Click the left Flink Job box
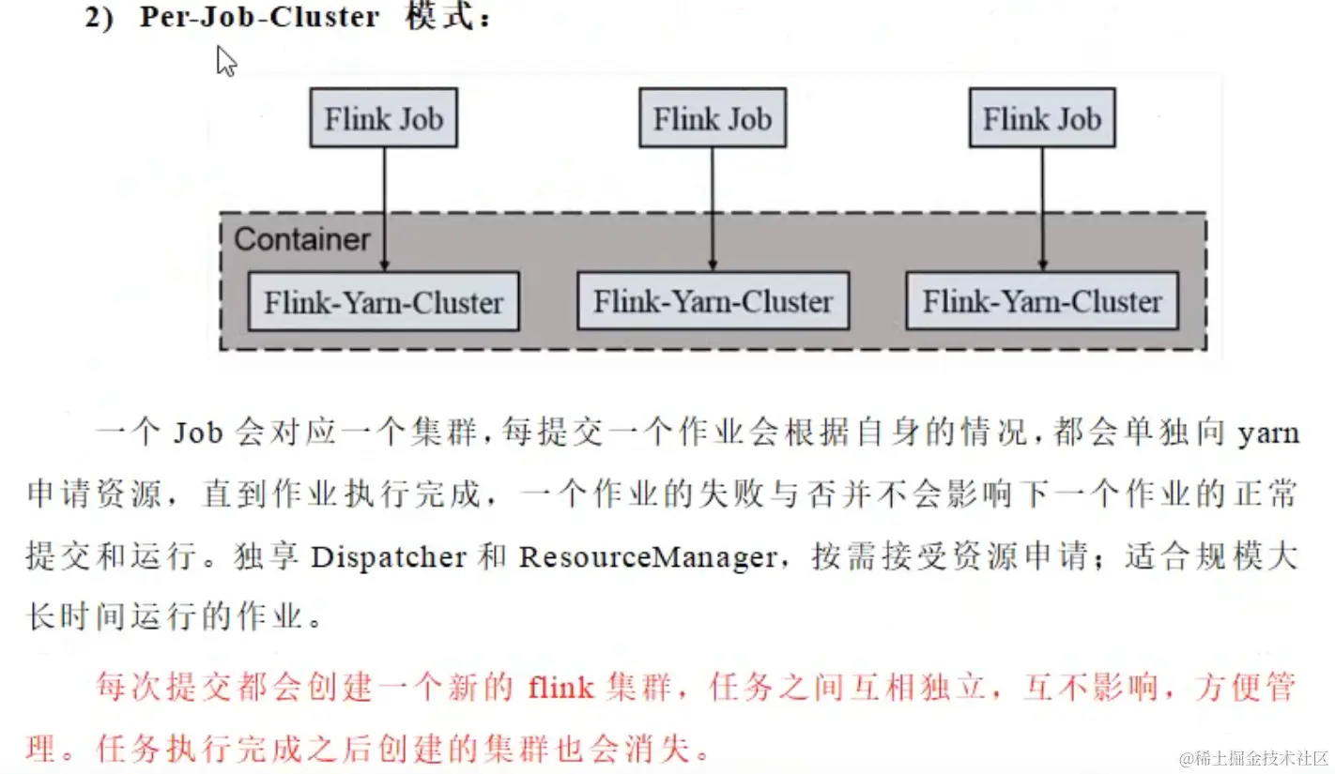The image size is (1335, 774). click(383, 118)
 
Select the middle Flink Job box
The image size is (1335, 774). click(712, 118)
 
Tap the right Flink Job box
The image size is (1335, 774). click(1041, 118)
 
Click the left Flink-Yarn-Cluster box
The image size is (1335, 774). click(383, 302)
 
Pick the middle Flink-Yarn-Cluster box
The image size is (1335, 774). click(713, 301)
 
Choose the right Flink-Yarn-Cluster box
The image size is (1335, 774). click(1041, 301)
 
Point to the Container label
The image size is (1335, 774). click(301, 239)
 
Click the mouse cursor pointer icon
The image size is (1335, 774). click(226, 62)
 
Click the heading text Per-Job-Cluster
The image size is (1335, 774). click(260, 19)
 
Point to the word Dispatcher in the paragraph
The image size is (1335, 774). click(389, 557)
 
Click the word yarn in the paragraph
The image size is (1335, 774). click(1268, 434)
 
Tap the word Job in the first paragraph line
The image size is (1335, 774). click(198, 433)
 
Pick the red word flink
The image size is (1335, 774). click(560, 689)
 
